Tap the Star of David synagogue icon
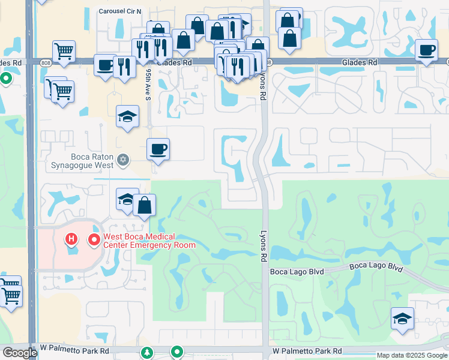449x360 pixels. pyautogui.click(x=123, y=160)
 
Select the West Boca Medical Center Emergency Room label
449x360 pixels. pyautogui.click(x=149, y=241)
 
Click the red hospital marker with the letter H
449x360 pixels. pyautogui.click(x=71, y=241)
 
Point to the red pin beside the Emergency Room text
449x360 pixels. pyautogui.click(x=94, y=241)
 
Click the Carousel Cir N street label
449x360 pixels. pyautogui.click(x=121, y=11)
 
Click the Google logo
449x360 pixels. pyautogui.click(x=19, y=352)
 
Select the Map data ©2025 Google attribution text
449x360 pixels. pyautogui.click(x=412, y=355)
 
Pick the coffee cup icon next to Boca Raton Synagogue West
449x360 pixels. pyautogui.click(x=158, y=149)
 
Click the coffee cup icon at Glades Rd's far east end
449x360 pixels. pyautogui.click(x=427, y=50)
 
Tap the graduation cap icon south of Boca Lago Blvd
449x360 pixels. pyautogui.click(x=402, y=318)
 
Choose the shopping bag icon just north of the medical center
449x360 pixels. pyautogui.click(x=145, y=205)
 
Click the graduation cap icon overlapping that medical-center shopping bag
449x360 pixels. pyautogui.click(x=127, y=199)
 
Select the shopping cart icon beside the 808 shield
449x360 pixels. pyautogui.click(x=64, y=51)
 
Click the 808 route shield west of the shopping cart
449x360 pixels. pyautogui.click(x=46, y=62)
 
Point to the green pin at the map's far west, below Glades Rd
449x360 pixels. pyautogui.click(x=5, y=78)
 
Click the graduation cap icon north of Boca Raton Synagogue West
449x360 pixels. pyautogui.click(x=127, y=116)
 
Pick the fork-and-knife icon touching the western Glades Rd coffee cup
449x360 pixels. pyautogui.click(x=124, y=66)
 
